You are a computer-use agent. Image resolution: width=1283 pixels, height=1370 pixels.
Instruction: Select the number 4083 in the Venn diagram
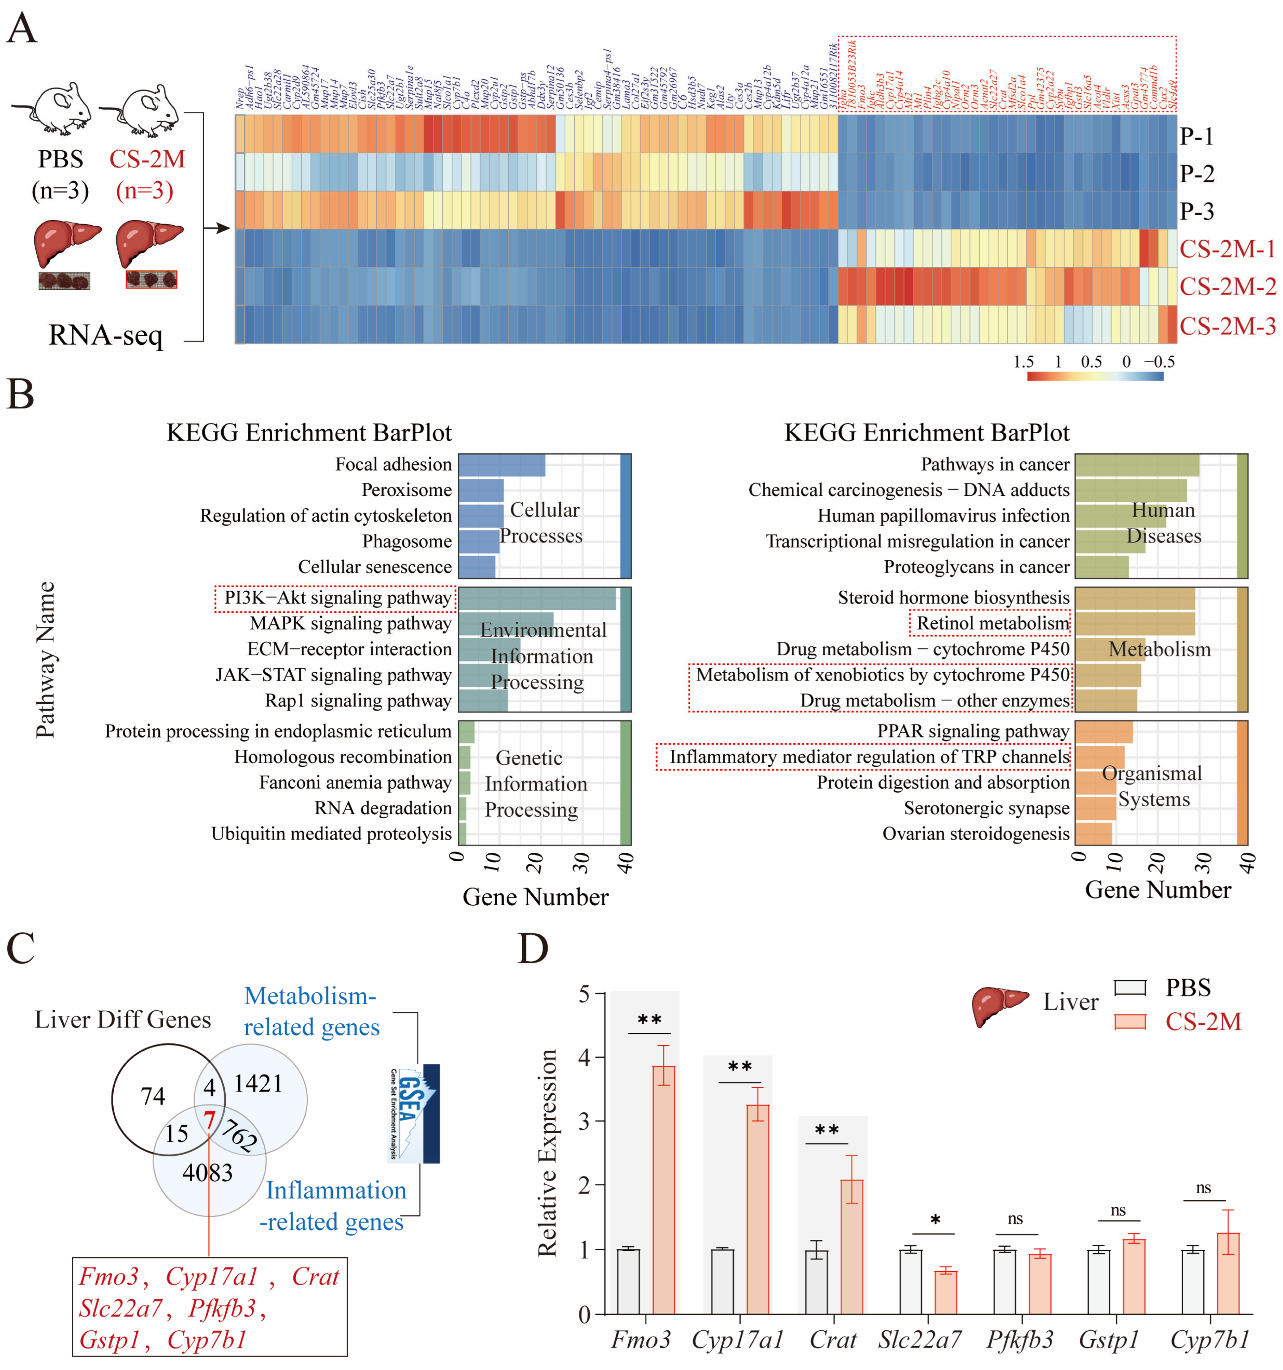point(207,1172)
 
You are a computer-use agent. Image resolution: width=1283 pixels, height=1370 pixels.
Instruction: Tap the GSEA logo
point(413,1113)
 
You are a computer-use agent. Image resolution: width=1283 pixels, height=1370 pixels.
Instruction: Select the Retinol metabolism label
point(992,623)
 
